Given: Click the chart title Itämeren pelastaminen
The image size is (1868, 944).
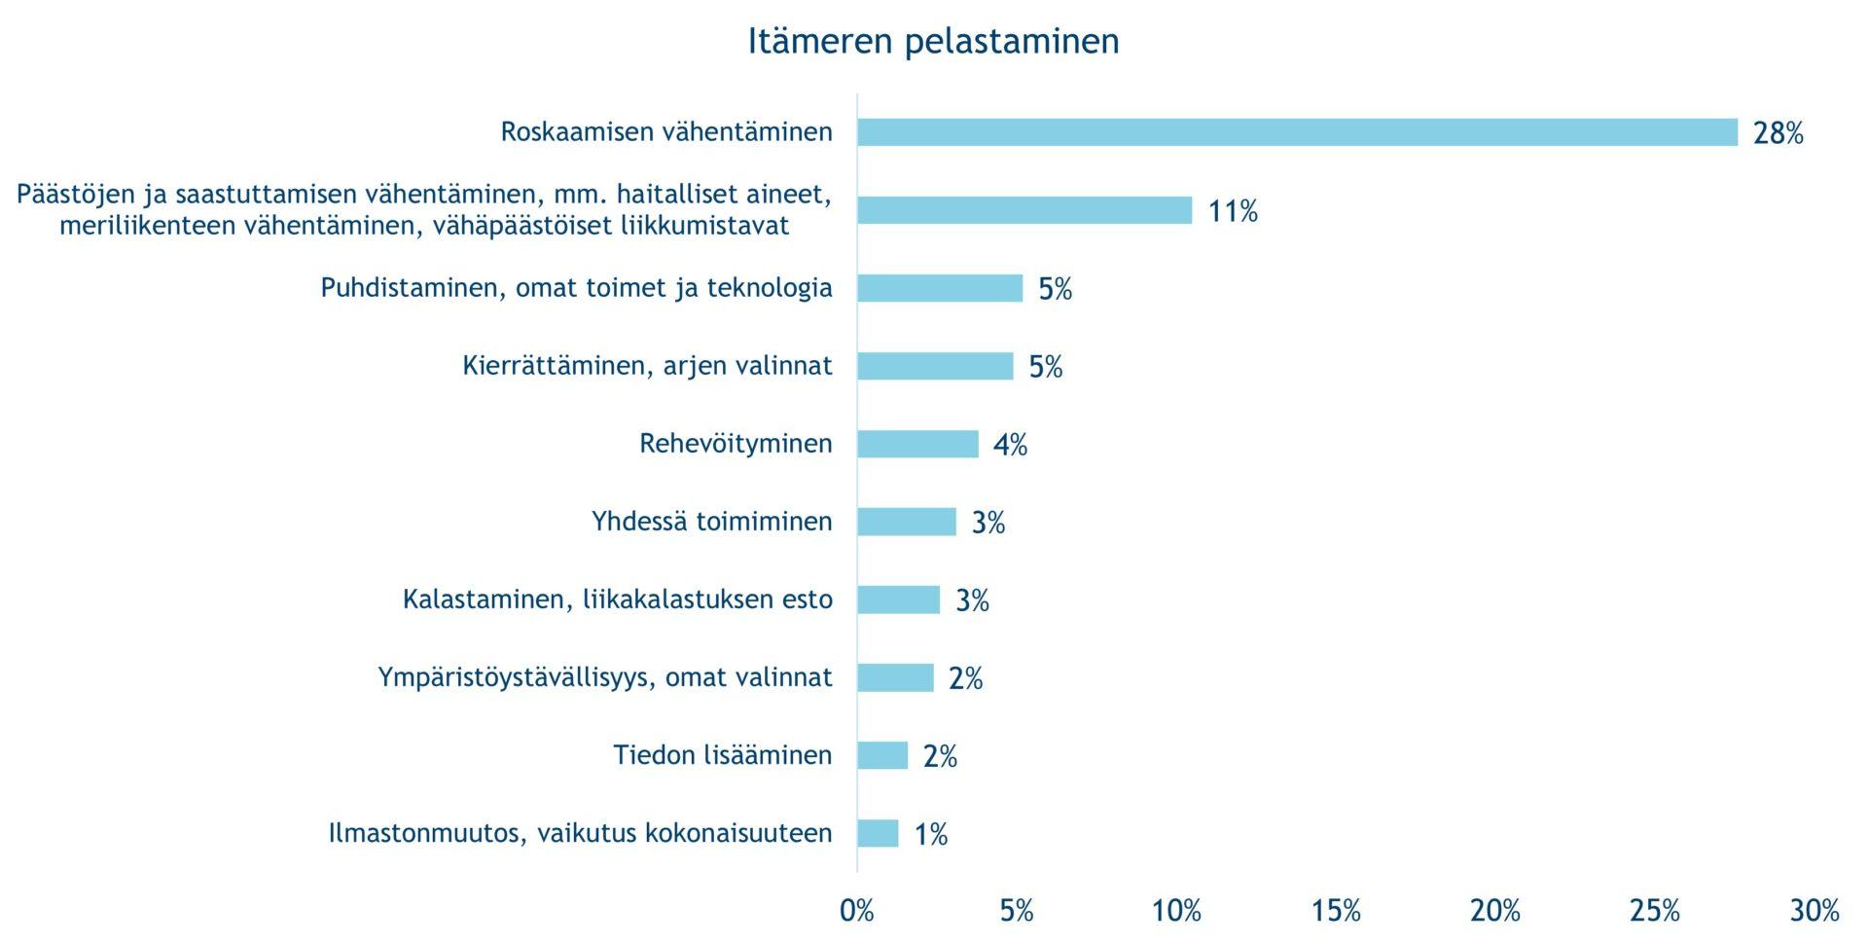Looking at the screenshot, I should click(933, 41).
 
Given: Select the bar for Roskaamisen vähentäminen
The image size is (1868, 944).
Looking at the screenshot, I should click(1297, 132).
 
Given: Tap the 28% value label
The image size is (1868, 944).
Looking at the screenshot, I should click(1778, 133).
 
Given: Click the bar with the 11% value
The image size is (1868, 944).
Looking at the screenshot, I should click(1024, 210).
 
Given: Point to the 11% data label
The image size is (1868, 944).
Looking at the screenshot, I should click(1232, 211).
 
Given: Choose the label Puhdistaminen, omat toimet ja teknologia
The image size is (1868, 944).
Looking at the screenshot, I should click(576, 288).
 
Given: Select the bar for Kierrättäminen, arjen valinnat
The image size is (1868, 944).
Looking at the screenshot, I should click(934, 366).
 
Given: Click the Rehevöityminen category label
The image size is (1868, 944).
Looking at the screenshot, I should click(736, 444).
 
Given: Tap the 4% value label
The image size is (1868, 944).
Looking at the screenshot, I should click(1010, 445).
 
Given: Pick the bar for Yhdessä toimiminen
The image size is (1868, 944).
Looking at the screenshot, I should click(906, 522).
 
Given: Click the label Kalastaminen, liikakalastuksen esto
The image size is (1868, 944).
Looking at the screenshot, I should click(617, 599).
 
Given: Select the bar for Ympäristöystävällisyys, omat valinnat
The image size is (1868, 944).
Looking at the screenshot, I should click(895, 677).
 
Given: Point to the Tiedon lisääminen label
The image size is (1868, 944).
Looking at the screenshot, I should click(722, 755).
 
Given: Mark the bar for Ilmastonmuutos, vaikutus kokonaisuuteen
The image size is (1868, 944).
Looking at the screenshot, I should click(878, 833).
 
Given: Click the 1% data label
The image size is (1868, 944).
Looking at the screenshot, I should click(930, 834).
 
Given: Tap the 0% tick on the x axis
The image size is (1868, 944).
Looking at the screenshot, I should click(857, 911).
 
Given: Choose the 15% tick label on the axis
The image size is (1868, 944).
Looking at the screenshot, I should click(1336, 911).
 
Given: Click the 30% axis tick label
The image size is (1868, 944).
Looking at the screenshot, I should click(1814, 911).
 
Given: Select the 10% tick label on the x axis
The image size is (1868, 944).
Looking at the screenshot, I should click(1176, 911).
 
